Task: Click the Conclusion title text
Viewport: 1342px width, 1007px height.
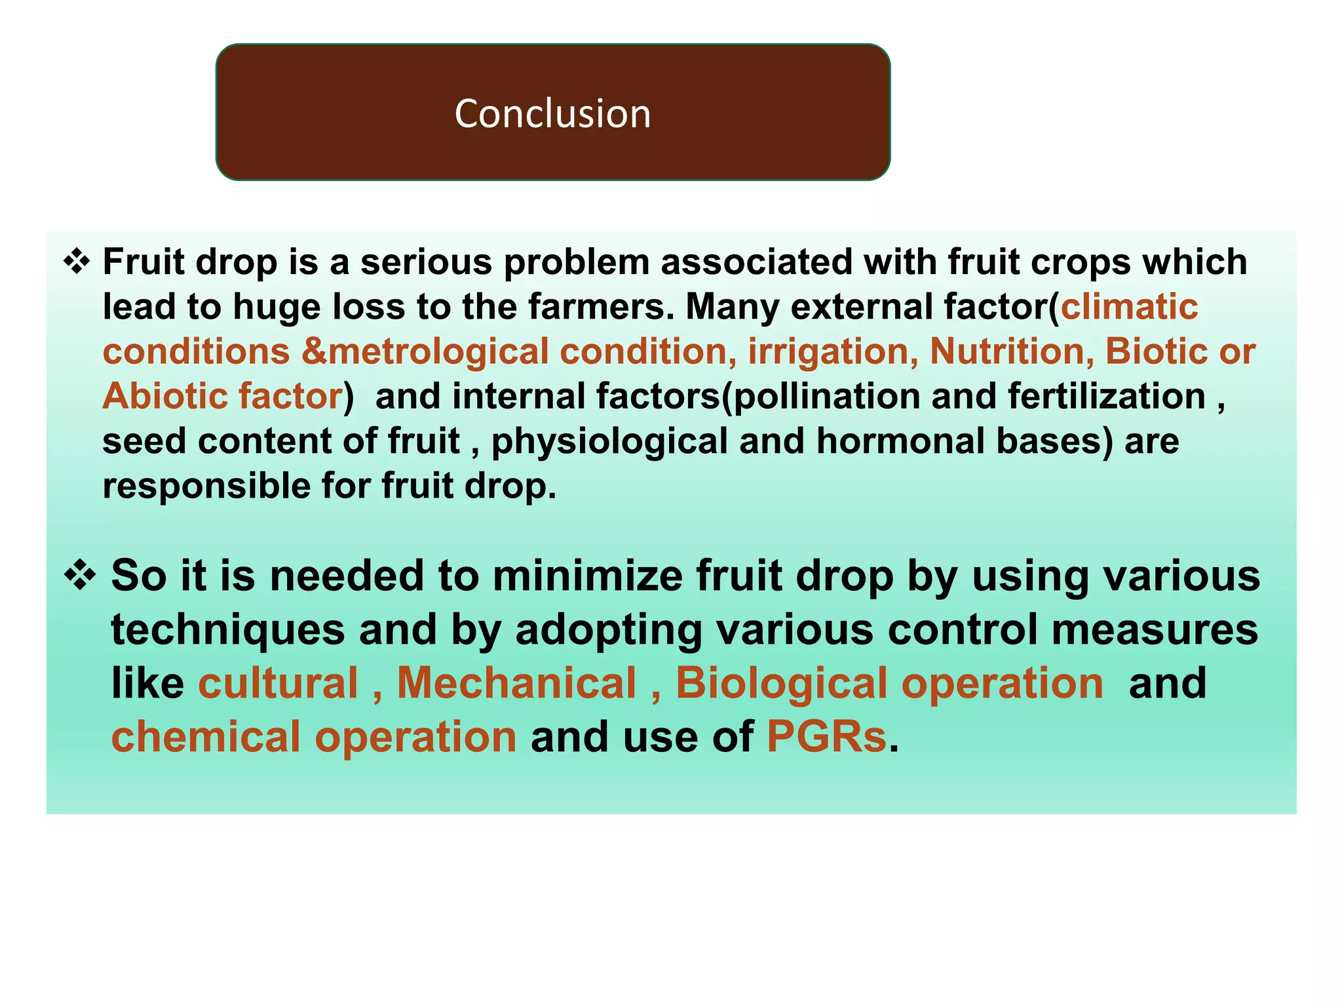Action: click(x=552, y=113)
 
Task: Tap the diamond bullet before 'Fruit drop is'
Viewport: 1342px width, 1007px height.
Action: click(x=77, y=262)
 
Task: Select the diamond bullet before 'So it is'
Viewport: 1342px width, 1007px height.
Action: click(x=80, y=576)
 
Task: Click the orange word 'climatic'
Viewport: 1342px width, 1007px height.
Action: click(x=1129, y=307)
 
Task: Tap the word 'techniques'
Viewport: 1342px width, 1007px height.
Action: click(x=227, y=629)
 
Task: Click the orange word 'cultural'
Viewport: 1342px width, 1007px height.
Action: click(x=278, y=683)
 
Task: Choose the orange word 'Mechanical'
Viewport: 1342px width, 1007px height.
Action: click(x=516, y=683)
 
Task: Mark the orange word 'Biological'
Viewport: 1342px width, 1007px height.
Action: click(x=781, y=683)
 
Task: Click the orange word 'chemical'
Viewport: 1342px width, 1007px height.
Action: click(x=205, y=737)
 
